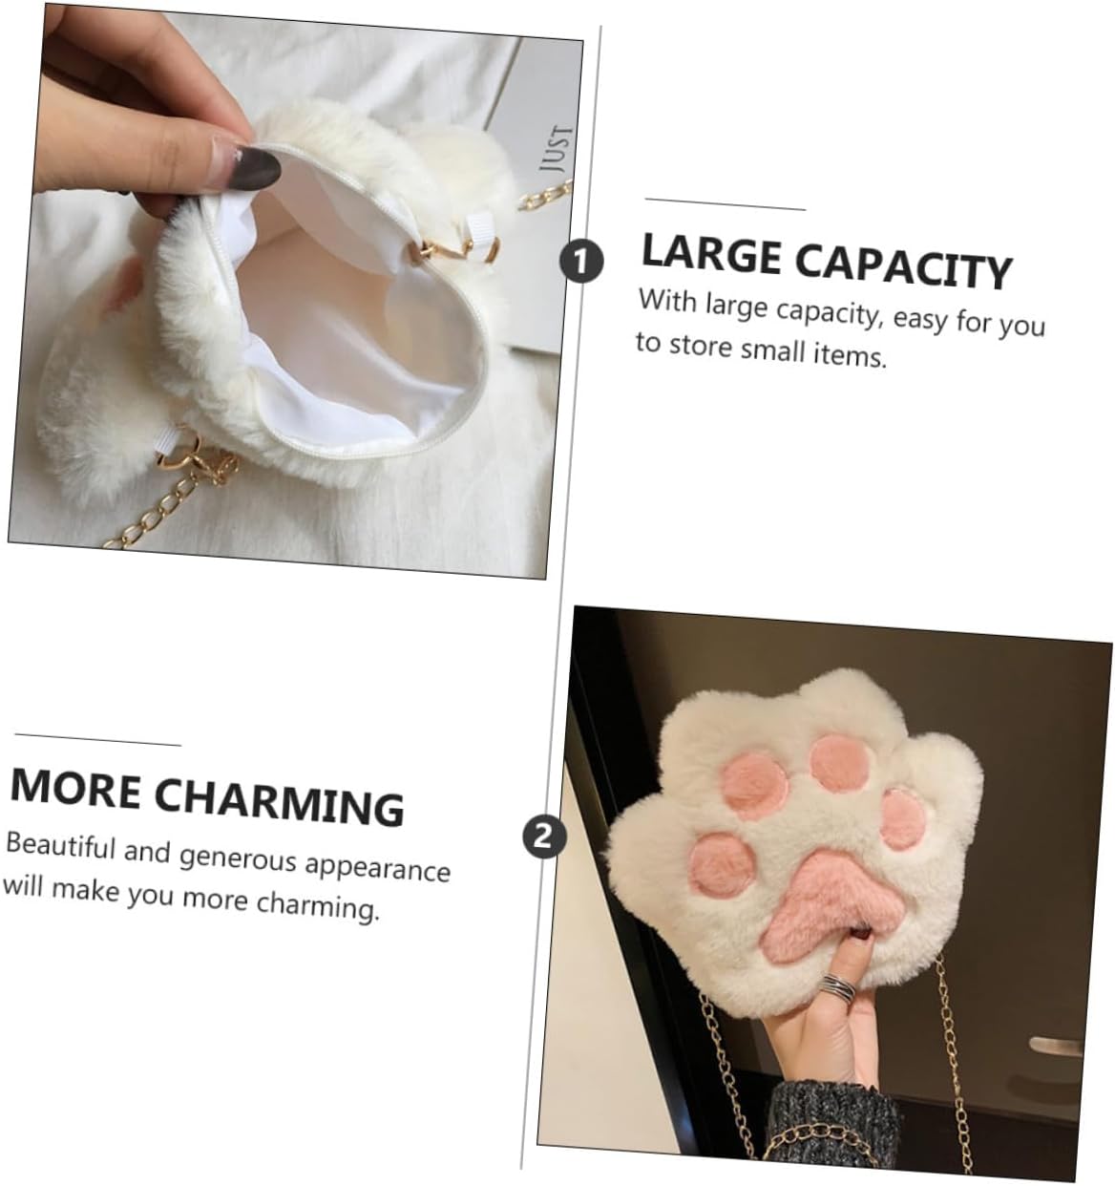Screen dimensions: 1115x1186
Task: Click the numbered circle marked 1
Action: [580, 261]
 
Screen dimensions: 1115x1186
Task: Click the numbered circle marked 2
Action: [543, 837]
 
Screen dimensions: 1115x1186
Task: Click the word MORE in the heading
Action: [74, 790]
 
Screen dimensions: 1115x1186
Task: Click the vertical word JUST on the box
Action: [556, 149]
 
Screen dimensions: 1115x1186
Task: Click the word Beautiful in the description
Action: [60, 846]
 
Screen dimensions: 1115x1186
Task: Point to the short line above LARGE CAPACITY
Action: [725, 204]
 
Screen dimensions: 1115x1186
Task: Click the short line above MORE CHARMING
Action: [98, 739]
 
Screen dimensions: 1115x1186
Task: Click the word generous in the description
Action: [238, 858]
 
